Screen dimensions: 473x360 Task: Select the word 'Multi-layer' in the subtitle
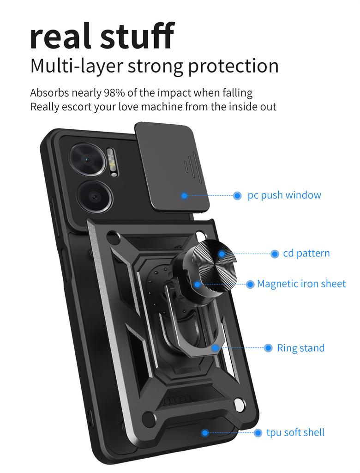[x=76, y=67]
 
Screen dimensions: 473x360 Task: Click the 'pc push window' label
[x=284, y=195]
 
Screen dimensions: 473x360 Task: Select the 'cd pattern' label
[x=306, y=253]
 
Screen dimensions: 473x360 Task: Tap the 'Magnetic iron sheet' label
[x=301, y=284]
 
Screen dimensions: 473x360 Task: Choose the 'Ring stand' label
[x=300, y=348]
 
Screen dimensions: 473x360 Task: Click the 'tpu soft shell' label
[x=295, y=432]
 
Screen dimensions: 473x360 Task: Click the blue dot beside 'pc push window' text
[x=237, y=195]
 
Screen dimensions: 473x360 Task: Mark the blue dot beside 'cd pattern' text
[x=275, y=254]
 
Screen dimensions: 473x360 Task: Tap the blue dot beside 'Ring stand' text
[x=268, y=348]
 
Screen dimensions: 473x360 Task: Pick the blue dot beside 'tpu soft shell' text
[x=258, y=433]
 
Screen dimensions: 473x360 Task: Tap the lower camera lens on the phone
[x=95, y=197]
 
